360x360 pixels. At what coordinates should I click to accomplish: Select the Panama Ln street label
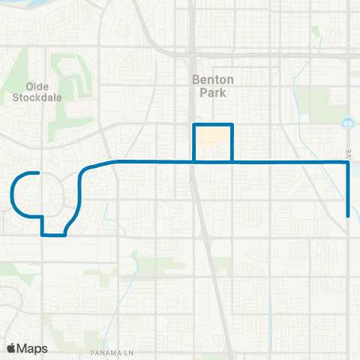coord(110,352)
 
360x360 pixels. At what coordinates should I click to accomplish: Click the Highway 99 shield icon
coord(347,122)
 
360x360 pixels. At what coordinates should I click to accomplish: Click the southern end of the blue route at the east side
coord(348,216)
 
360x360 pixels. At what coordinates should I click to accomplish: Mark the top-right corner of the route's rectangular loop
coord(232,124)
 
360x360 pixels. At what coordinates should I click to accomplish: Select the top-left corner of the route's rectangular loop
coord(194,124)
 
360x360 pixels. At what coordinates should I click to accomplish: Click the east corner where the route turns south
coord(348,161)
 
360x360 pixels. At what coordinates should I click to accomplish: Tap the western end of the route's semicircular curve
coord(37,173)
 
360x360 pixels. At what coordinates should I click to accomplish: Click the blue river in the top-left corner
coord(19,9)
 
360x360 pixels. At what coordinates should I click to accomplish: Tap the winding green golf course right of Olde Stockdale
coord(75,82)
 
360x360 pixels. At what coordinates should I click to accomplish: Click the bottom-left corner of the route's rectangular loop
coord(194,161)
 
